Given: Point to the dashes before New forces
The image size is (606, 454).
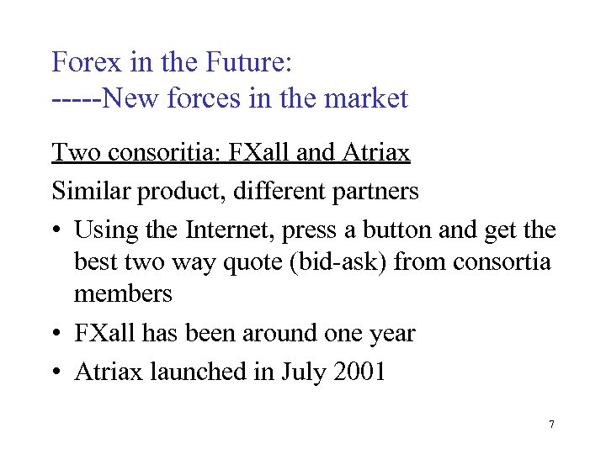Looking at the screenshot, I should pos(75,99).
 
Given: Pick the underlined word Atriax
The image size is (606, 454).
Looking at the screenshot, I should pos(376,153).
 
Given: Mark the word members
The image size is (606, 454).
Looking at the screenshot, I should pos(123,293).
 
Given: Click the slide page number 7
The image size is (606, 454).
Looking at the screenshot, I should pos(551,425).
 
